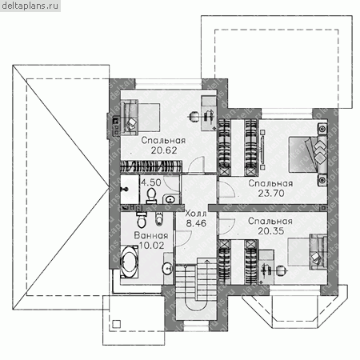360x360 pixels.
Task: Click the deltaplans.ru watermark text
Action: (x=30, y=6)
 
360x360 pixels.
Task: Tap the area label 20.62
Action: (x=164, y=150)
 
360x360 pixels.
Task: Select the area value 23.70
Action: (x=271, y=193)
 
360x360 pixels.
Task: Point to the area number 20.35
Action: (x=270, y=231)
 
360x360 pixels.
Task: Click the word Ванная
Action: (x=151, y=235)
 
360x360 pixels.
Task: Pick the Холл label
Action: (x=196, y=214)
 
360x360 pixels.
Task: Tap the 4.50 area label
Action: (x=151, y=182)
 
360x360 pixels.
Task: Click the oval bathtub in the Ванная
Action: (x=130, y=262)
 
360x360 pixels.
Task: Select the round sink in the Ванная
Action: (x=168, y=268)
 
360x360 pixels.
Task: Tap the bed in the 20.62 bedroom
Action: (x=140, y=118)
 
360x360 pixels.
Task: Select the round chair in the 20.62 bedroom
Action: (x=194, y=116)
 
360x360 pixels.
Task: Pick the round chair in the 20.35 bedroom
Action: (x=281, y=271)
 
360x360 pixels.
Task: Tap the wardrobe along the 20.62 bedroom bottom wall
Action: (x=151, y=166)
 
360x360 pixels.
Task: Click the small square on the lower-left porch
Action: (x=116, y=324)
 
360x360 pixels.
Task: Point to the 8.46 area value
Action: (x=196, y=223)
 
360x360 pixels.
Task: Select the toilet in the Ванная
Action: (x=142, y=220)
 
